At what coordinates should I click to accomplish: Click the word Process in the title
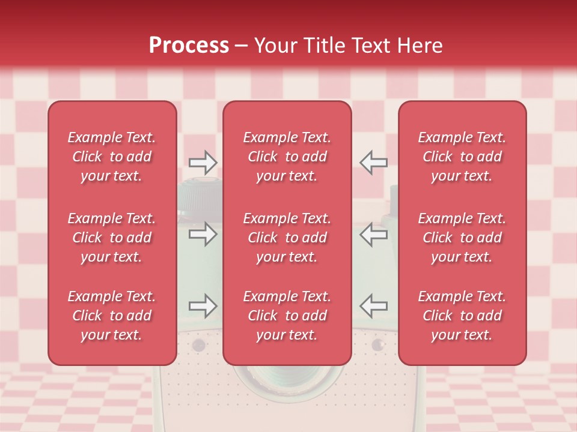189,46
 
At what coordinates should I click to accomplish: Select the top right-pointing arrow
203,162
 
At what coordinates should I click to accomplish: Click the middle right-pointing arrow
203,234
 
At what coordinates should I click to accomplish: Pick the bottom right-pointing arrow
203,306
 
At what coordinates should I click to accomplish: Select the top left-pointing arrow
373,162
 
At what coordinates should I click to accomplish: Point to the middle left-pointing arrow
373,234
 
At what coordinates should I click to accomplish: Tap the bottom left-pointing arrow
373,306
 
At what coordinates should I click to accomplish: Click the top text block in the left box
112,157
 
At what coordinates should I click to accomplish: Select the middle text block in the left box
112,238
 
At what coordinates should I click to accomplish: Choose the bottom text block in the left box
112,316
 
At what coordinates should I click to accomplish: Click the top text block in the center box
287,157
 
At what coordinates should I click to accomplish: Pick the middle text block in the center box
287,238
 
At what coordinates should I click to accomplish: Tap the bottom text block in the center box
287,316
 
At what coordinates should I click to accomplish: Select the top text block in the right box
462,157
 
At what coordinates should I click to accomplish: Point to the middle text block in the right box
462,238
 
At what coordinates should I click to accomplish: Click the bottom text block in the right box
462,316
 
